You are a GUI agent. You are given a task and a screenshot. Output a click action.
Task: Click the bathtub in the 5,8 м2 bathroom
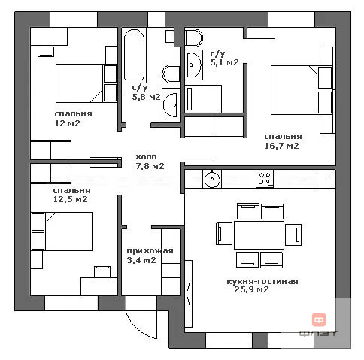134,56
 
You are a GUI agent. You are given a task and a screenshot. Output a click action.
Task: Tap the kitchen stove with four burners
265,179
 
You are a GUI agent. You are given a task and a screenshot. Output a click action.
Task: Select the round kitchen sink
212,179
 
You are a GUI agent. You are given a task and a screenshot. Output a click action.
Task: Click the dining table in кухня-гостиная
259,235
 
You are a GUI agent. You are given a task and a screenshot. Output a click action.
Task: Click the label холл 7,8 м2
150,162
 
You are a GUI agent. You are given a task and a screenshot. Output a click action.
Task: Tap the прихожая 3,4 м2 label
150,256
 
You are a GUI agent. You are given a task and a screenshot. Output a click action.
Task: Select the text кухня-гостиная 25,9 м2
262,286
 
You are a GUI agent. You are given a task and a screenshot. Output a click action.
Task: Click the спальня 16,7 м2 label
283,141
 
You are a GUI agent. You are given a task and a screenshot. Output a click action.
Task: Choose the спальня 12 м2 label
73,119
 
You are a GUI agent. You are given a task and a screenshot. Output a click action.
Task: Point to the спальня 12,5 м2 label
71,195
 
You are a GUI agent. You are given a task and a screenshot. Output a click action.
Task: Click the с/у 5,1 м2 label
224,58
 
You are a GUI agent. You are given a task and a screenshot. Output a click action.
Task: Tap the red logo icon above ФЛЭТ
319,319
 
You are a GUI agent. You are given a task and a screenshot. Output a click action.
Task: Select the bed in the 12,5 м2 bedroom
69,231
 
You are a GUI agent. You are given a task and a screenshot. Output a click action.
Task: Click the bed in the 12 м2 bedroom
79,83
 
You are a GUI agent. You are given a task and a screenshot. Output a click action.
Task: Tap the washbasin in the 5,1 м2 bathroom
194,65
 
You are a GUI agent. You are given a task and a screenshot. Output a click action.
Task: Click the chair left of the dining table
224,234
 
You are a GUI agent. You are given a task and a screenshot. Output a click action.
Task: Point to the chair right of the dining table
293,234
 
